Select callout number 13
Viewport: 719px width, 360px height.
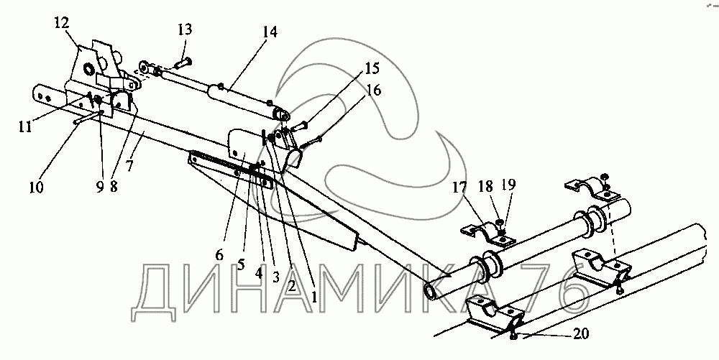click(185, 29)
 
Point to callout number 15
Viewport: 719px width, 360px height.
click(371, 69)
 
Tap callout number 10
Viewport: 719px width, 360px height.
click(35, 188)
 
